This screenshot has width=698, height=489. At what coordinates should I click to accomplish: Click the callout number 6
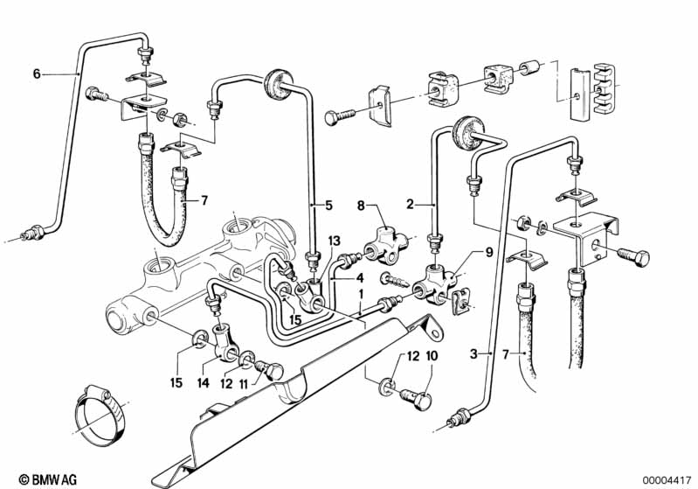37,73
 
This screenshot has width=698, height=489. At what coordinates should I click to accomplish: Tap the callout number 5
329,206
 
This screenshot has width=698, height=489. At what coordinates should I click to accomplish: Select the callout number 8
361,206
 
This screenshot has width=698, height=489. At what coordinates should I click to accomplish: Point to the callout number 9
489,253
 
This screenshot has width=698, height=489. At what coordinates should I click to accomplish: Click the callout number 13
334,241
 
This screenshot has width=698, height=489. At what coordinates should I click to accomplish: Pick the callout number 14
203,383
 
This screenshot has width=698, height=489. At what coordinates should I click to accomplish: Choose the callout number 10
432,356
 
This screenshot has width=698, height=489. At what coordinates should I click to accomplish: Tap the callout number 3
473,354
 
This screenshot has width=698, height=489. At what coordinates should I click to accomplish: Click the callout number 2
410,205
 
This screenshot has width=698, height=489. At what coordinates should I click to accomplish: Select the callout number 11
243,383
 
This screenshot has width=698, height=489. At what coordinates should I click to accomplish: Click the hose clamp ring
101,416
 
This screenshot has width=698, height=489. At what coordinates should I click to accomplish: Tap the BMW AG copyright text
48,479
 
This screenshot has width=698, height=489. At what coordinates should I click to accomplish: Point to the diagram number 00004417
667,480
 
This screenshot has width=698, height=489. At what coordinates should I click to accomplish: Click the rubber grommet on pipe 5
277,86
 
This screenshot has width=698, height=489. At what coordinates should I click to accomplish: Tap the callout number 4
360,277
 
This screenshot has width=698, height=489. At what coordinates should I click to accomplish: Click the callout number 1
361,295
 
